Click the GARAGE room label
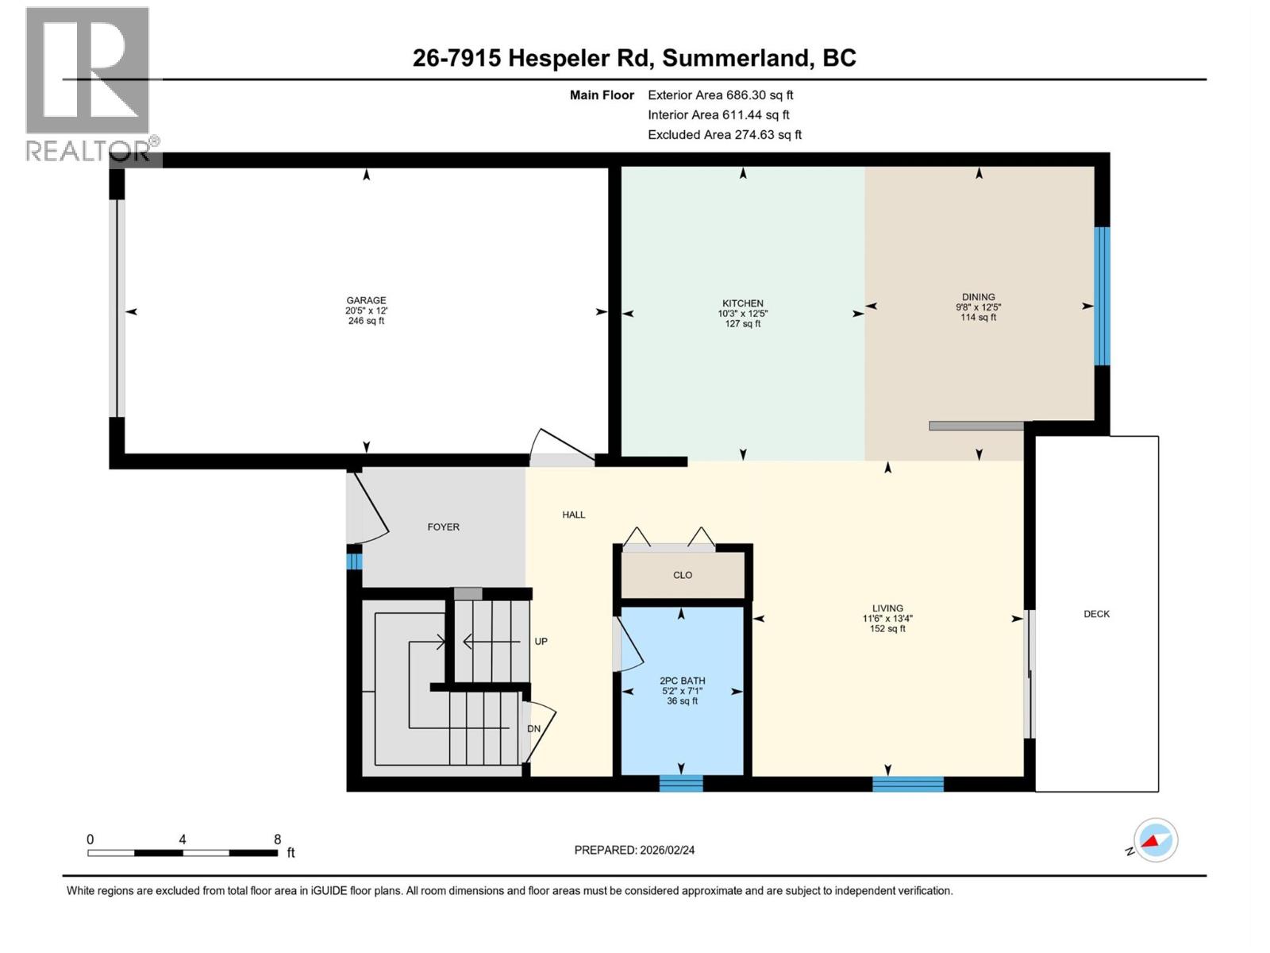pos(366,301)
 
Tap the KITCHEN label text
pos(742,303)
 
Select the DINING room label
pos(978,297)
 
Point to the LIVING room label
pos(887,608)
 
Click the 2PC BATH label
pos(682,681)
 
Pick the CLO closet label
pos(682,575)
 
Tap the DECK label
pos(1096,614)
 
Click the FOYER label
pos(443,527)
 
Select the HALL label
pos(573,515)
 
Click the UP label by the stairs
pos(541,641)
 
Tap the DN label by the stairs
pos(533,728)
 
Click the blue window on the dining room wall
pos(1102,296)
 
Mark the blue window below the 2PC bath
pos(681,784)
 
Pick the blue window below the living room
pos(907,784)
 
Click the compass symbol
pos(1155,840)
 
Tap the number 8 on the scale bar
pos(277,839)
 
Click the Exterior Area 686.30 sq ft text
pos(720,95)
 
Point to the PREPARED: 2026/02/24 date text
pos(634,850)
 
